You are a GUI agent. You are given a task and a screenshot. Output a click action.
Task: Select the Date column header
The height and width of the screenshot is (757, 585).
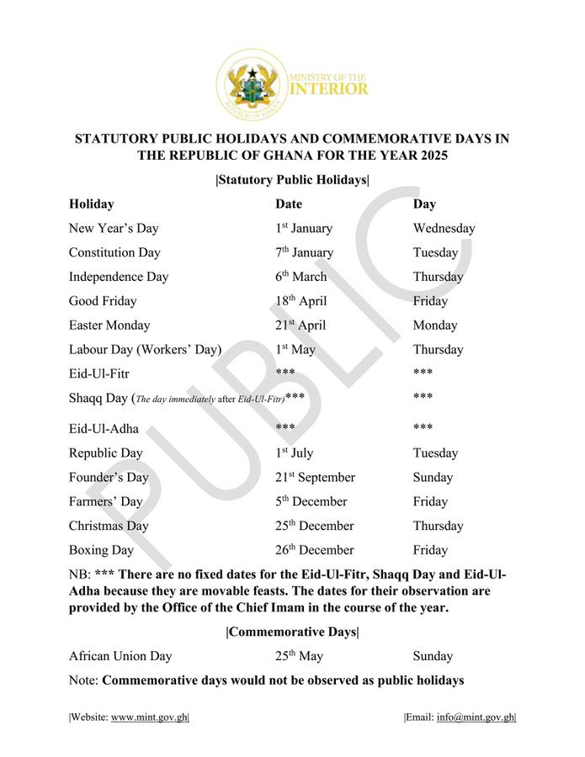click(x=288, y=204)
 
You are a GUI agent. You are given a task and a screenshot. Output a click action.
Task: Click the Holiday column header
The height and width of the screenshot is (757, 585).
click(x=92, y=204)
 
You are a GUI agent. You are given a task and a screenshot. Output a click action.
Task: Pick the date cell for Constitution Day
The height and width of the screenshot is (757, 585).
click(x=304, y=252)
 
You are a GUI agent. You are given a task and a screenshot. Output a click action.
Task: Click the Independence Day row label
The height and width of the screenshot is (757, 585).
click(x=119, y=277)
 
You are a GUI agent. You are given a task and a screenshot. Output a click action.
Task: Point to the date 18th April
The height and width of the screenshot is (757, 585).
click(x=300, y=301)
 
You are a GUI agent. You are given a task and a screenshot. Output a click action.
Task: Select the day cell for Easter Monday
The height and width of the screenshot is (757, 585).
click(x=435, y=326)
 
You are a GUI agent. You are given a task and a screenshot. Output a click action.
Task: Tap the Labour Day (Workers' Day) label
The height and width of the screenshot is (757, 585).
click(x=146, y=350)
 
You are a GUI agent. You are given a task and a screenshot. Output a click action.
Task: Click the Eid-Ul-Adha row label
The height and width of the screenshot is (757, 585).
click(x=104, y=428)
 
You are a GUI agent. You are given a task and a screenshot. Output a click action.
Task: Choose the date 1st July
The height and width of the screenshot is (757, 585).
click(x=294, y=453)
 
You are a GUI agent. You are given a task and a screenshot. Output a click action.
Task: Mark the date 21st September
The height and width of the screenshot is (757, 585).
click(x=315, y=477)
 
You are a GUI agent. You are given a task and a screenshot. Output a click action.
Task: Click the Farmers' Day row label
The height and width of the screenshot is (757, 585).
click(x=106, y=501)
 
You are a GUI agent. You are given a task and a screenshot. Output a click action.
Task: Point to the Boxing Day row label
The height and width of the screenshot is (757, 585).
click(x=102, y=550)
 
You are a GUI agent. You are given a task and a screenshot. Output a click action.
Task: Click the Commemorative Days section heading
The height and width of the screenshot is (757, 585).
click(x=292, y=633)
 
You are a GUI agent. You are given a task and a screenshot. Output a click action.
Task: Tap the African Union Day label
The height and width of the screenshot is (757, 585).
click(x=120, y=656)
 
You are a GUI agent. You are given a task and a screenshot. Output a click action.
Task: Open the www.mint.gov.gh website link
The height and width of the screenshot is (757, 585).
click(x=149, y=717)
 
